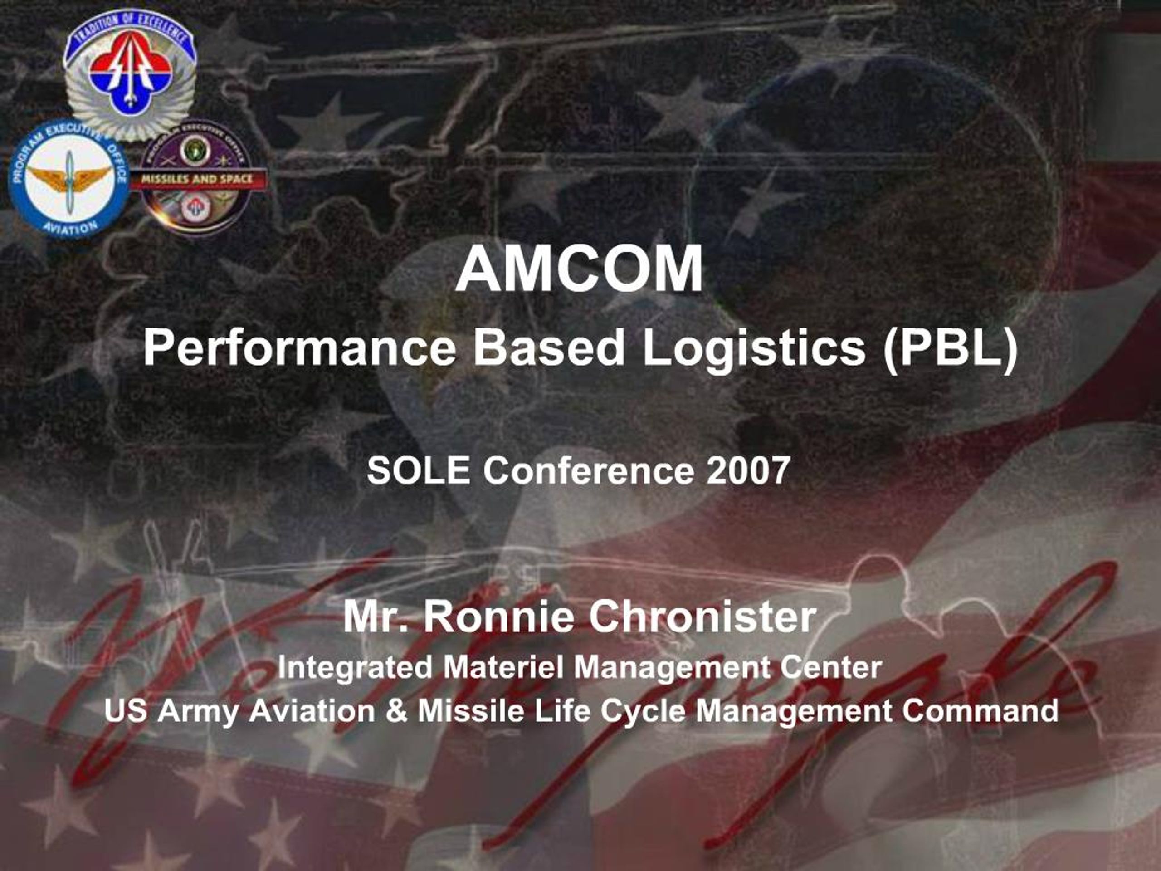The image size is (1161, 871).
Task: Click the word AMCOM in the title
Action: click(x=580, y=269)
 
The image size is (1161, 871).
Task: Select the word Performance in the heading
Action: click(x=300, y=348)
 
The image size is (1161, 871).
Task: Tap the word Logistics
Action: click(x=753, y=348)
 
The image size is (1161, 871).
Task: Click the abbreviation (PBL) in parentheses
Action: click(x=950, y=348)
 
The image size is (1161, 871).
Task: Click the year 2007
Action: click(x=748, y=470)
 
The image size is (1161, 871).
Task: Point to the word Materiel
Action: click(x=503, y=668)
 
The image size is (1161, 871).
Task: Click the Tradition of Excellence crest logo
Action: click(x=130, y=73)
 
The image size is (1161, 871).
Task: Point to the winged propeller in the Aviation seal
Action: click(x=69, y=177)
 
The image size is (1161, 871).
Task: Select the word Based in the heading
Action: click(x=549, y=348)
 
